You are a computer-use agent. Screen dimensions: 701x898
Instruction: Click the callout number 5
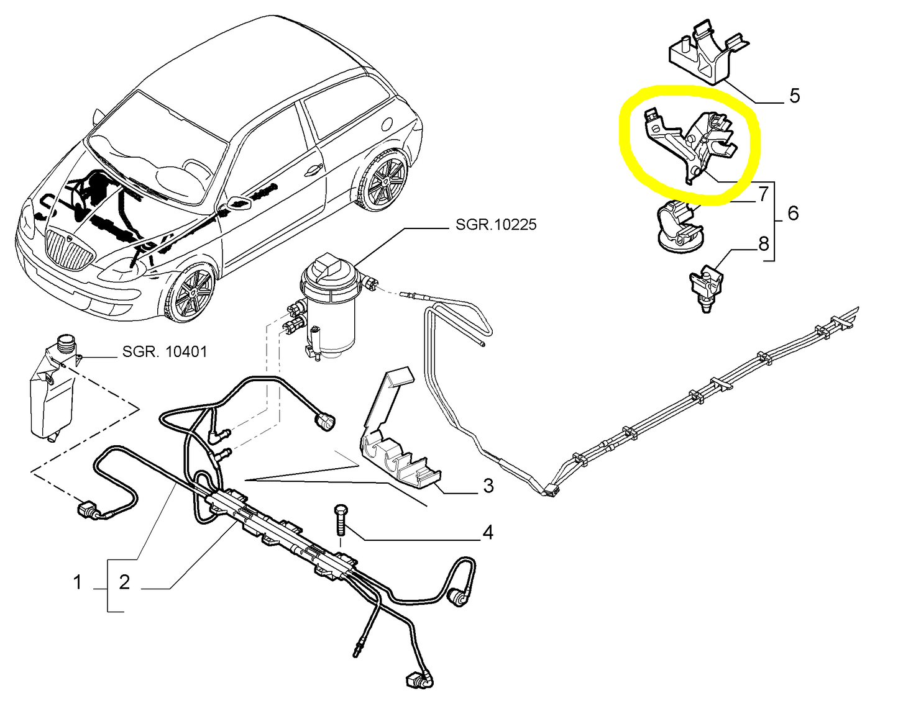coord(794,96)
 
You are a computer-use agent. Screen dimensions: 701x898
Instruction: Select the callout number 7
coord(763,194)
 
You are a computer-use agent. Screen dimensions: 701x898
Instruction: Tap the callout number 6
coord(793,214)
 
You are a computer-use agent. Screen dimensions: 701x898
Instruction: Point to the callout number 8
coord(763,243)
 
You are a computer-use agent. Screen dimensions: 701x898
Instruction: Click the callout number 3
coord(488,486)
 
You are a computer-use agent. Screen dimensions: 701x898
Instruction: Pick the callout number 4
coord(488,533)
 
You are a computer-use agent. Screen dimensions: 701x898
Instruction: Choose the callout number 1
coord(78,582)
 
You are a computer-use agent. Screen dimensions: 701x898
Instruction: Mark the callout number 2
coord(124,582)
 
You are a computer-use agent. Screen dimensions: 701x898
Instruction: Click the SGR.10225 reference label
coord(496,224)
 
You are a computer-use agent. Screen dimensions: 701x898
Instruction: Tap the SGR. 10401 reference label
coord(165,352)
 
